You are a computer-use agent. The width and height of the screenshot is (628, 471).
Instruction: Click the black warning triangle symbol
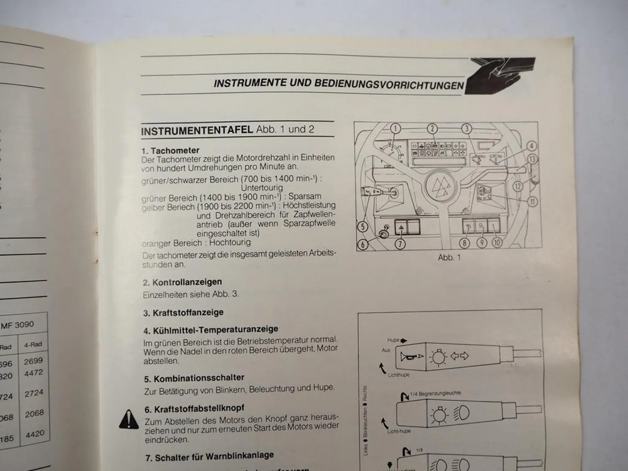pyautogui.click(x=129, y=419)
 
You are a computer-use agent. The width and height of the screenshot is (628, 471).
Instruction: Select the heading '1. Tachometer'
pyautogui.click(x=170, y=150)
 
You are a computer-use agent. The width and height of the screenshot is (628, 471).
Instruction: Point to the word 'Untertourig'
pyautogui.click(x=262, y=188)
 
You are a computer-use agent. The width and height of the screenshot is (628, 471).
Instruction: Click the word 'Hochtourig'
pyautogui.click(x=230, y=242)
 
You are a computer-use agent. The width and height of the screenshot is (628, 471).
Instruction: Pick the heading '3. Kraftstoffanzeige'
pyautogui.click(x=183, y=312)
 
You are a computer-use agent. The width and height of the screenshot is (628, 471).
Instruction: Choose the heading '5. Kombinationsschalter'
pyautogui.click(x=194, y=378)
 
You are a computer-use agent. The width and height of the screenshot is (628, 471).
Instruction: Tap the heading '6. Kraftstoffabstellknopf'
pyautogui.click(x=194, y=409)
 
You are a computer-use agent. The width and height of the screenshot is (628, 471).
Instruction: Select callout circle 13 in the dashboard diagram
pyautogui.click(x=532, y=159)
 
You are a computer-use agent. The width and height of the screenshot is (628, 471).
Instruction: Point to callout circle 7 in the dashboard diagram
pyautogui.click(x=400, y=244)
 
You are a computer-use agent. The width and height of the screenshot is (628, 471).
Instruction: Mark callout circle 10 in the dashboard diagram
pyautogui.click(x=497, y=242)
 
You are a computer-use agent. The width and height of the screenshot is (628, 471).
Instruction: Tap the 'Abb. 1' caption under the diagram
pyautogui.click(x=449, y=257)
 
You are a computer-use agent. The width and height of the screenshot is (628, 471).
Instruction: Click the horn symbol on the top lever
pyautogui.click(x=409, y=357)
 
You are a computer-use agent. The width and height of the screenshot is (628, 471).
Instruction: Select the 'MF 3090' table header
pyautogui.click(x=18, y=325)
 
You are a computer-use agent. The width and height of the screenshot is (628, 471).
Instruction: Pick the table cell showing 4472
pyautogui.click(x=33, y=373)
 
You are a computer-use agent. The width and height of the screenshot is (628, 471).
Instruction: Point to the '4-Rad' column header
pyautogui.click(x=33, y=345)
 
